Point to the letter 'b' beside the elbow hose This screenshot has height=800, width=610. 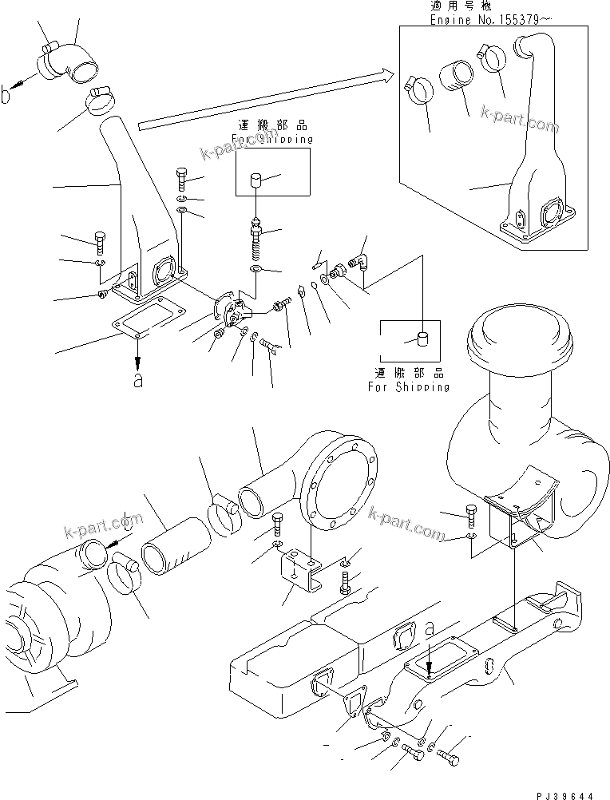pyautogui.click(x=7, y=95)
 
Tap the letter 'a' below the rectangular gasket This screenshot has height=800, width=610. pyautogui.click(x=137, y=382)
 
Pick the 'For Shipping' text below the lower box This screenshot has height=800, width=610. pyautogui.click(x=408, y=386)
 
